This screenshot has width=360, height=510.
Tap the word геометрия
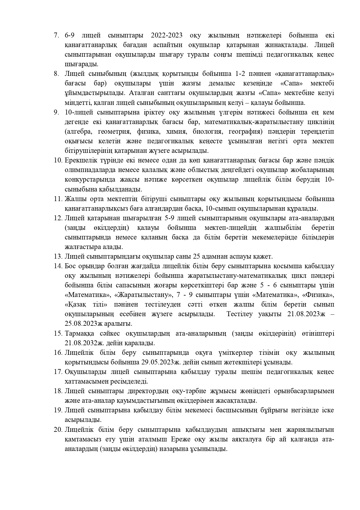point(112,132)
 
